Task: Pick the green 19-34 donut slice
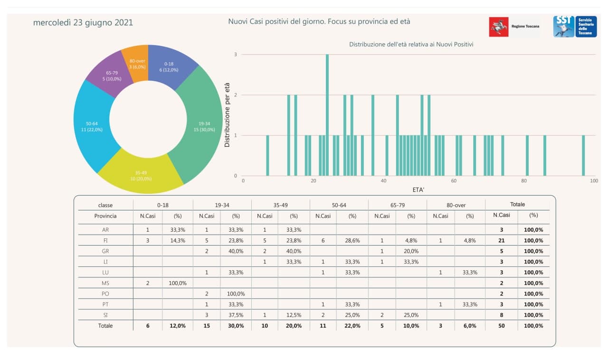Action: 204,126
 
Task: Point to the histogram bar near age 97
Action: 583,156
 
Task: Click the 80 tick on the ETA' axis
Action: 524,181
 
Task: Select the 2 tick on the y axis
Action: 236,95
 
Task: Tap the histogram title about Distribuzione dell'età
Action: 411,44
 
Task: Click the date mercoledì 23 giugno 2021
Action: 83,23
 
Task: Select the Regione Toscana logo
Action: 514,27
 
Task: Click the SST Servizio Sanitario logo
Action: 575,27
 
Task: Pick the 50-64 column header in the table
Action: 339,205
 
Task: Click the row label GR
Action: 105,251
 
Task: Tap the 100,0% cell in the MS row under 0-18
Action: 177,283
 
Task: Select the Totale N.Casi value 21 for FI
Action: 502,240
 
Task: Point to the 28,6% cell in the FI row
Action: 352,240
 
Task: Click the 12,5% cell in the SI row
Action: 294,315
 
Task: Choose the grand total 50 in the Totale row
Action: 502,326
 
